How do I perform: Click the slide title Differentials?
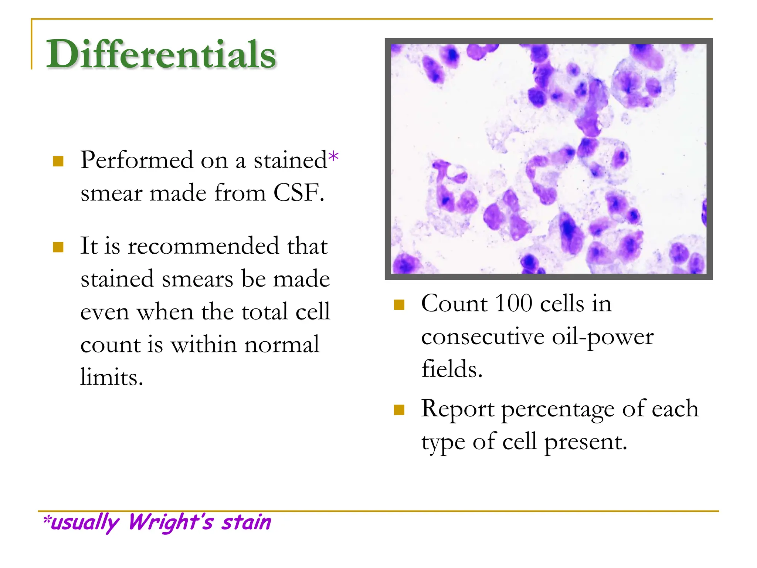[161, 54]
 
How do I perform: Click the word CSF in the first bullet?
[299, 193]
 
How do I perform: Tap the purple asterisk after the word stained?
[333, 157]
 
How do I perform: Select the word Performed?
[137, 160]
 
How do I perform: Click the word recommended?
[203, 246]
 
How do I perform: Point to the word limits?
[112, 377]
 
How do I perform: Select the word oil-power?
[602, 337]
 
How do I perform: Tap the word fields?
[452, 369]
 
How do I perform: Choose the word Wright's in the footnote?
[171, 522]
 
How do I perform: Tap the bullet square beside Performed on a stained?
[58, 161]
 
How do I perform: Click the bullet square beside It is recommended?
[58, 247]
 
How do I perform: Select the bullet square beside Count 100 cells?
[399, 305]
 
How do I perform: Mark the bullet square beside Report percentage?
[399, 410]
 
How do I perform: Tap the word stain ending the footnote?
[246, 522]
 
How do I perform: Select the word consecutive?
[483, 337]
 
